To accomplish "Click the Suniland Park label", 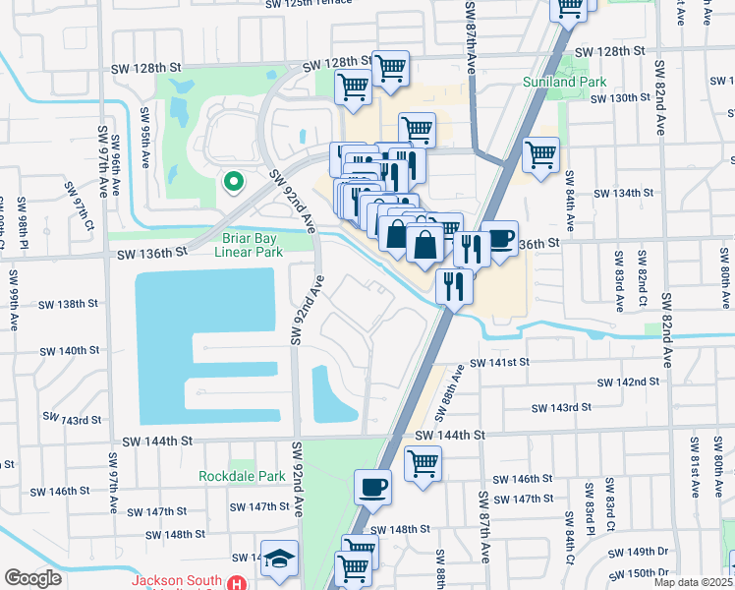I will [564, 82].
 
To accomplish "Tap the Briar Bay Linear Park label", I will [249, 243].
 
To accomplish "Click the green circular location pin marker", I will [234, 181].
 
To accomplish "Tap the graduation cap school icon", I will [279, 558].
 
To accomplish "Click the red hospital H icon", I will [236, 582].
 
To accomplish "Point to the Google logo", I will [32, 577].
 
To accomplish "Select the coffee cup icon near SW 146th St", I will [372, 487].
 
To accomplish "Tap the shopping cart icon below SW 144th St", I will [423, 461].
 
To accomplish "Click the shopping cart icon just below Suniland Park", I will [540, 153].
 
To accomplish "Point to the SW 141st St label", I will [499, 363].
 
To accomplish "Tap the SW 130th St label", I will [631, 98].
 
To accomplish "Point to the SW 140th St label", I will [70, 350].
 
